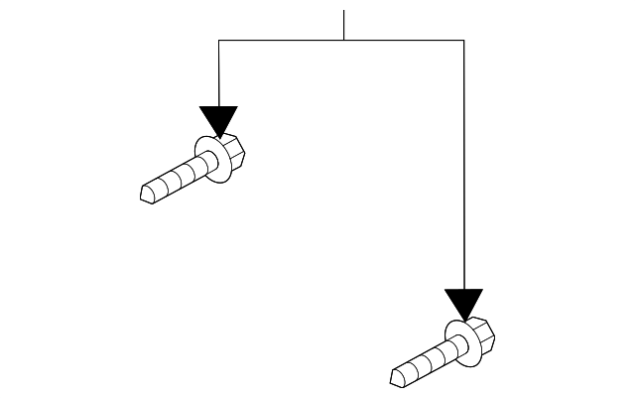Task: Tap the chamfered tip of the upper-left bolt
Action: (x=149, y=192)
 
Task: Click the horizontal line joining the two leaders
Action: (x=288, y=40)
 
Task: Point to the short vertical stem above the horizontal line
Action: (x=343, y=25)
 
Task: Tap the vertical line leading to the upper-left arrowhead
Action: (x=218, y=74)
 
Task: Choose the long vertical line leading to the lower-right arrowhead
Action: (x=463, y=169)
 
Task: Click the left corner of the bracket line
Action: (x=218, y=40)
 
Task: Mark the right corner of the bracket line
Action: (x=463, y=40)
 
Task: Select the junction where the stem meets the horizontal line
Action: (x=343, y=40)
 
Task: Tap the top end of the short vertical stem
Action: (x=343, y=11)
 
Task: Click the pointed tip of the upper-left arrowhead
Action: (x=218, y=136)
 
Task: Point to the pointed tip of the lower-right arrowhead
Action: (x=463, y=321)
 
